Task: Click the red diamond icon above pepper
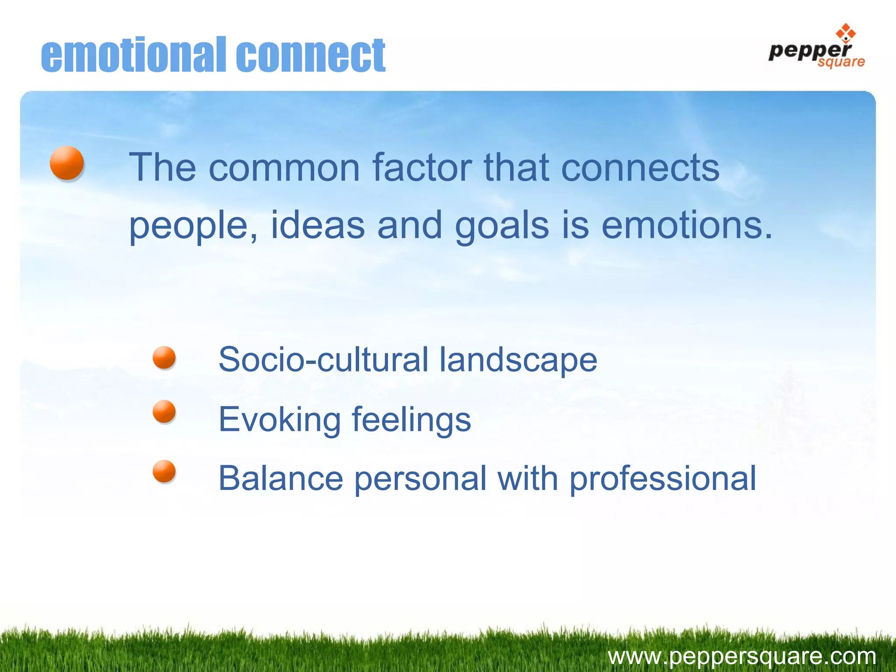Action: [x=845, y=32]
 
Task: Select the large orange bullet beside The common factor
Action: [x=66, y=163]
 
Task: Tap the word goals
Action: [x=502, y=226]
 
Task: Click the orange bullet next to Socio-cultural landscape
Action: [x=164, y=357]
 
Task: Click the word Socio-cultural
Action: [x=323, y=360]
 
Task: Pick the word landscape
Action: [x=518, y=360]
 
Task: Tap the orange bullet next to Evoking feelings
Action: [x=164, y=411]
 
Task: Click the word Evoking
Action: [x=279, y=419]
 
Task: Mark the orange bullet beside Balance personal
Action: [x=164, y=471]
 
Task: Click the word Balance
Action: [x=280, y=478]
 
